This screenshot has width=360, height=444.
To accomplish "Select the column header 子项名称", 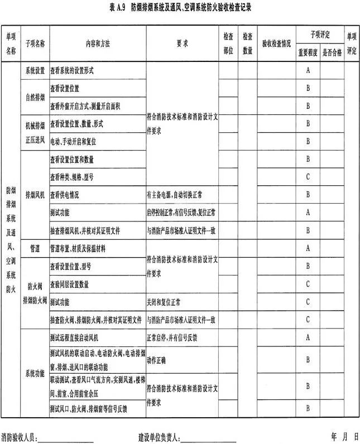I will pyautogui.click(x=35, y=43).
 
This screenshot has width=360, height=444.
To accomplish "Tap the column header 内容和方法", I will pyautogui.click(x=98, y=43).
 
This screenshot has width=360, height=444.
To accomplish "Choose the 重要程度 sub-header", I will pyautogui.click(x=308, y=52).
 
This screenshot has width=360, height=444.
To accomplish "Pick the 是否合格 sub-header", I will pyautogui.click(x=332, y=52).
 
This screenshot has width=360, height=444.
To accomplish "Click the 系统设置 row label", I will pyautogui.click(x=35, y=71).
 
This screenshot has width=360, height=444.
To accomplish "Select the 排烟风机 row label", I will pyautogui.click(x=35, y=195).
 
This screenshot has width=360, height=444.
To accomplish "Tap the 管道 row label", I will pyautogui.click(x=35, y=248).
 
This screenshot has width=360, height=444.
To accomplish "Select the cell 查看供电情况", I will pyautogui.click(x=64, y=195).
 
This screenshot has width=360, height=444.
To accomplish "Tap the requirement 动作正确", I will pyautogui.click(x=157, y=360).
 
